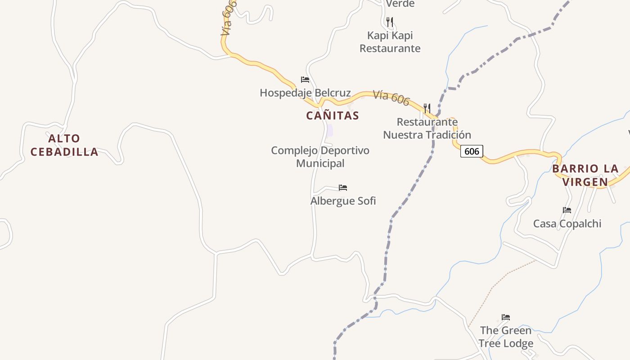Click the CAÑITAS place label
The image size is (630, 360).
coord(333,116)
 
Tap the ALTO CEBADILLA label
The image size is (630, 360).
coord(64,145)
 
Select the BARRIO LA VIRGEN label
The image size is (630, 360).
coord(585,175)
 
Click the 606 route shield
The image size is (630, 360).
coord(472,151)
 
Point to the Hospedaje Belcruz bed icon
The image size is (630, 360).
coord(305,80)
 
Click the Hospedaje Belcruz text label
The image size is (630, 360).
coord(305,93)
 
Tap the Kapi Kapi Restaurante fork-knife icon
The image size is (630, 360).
coord(390,21)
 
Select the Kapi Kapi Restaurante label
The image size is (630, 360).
coord(390,42)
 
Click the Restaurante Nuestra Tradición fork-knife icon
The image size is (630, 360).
coord(427,108)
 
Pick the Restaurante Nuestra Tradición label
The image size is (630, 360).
coord(427,128)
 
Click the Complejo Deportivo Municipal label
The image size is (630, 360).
coord(320,157)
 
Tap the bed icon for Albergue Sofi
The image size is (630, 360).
coord(343,188)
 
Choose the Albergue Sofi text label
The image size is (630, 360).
coord(343,201)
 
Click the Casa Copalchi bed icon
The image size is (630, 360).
coord(567,210)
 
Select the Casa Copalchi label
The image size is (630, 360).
coord(567,224)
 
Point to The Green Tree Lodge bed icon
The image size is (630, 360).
coord(506,317)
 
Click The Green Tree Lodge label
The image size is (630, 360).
coord(506,337)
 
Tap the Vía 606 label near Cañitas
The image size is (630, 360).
coord(391,98)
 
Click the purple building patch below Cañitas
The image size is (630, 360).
coord(330,130)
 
